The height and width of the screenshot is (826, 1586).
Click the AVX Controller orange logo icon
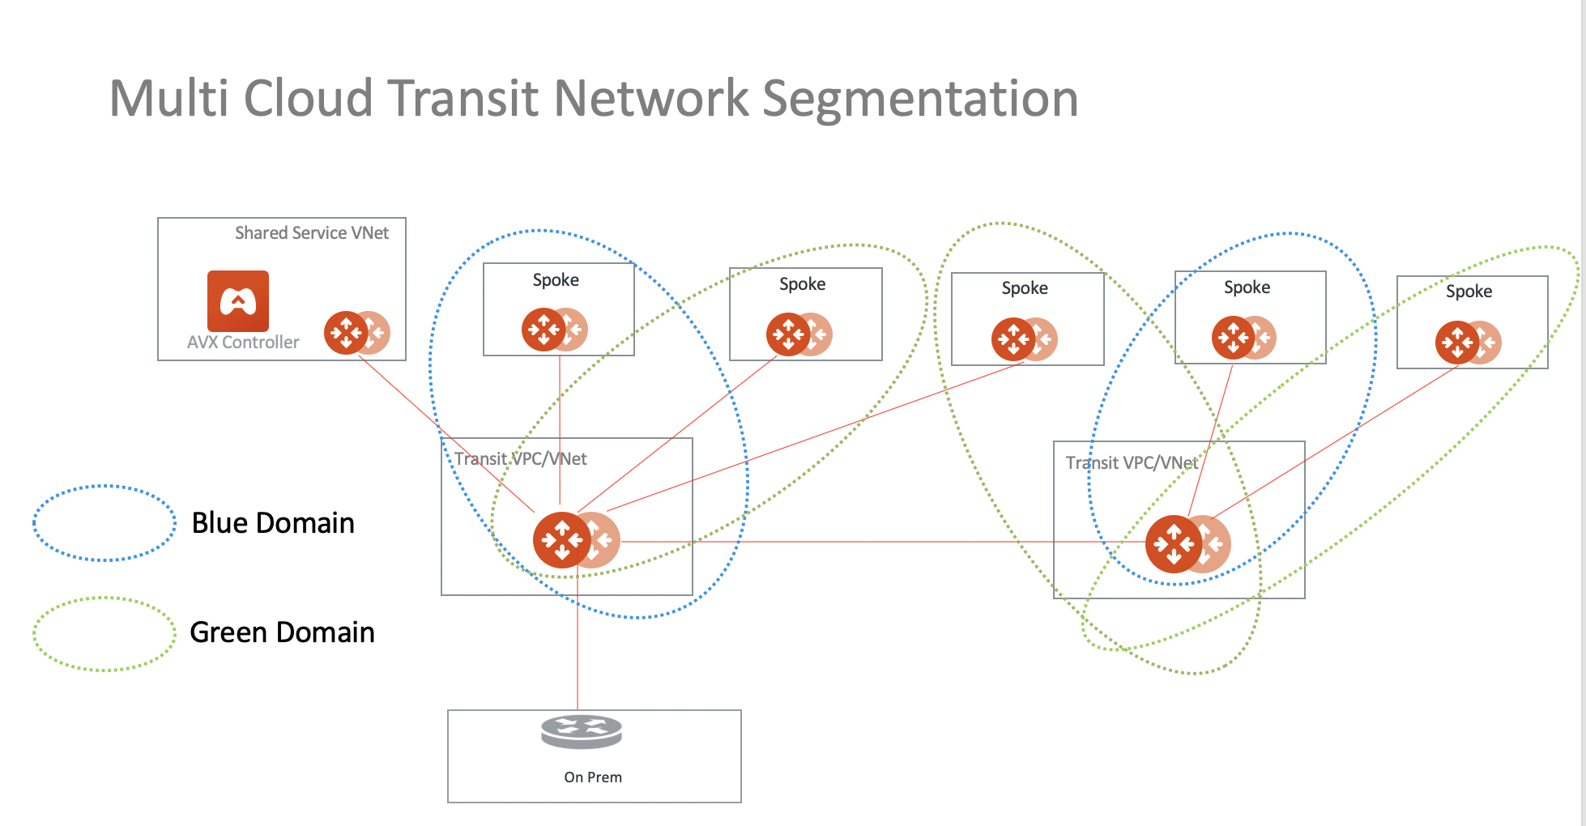pos(237,301)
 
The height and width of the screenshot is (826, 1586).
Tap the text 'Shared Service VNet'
pos(312,233)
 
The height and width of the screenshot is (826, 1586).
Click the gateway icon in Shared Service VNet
pos(347,332)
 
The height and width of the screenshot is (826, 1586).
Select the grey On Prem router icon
pos(582,731)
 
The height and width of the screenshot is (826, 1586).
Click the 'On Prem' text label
pos(593,777)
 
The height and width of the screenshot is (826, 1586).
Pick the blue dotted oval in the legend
pos(104,523)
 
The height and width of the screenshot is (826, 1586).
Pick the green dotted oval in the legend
pos(104,634)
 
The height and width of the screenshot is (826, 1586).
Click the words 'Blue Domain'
pos(273,523)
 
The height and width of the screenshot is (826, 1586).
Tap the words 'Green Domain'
pos(282,632)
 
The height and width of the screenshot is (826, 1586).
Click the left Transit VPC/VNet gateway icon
pos(564,540)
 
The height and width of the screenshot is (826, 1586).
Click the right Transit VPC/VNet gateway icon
pos(1175,544)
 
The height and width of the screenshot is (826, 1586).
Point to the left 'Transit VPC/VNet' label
pos(520,459)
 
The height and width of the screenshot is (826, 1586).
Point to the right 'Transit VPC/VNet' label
pos(1132,463)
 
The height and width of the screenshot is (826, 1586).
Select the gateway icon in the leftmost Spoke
pos(544,330)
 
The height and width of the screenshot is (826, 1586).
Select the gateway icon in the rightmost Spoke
pos(1458,343)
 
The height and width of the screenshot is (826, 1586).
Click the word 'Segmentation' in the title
pos(920,99)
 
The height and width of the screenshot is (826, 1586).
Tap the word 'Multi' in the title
pos(168,99)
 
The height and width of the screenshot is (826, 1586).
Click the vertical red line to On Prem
pos(578,648)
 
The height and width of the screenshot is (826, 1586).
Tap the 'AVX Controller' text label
pos(243,343)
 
